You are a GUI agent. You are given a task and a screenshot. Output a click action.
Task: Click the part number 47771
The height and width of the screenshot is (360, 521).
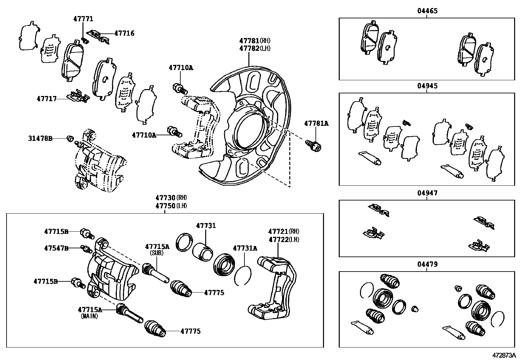click(83, 19)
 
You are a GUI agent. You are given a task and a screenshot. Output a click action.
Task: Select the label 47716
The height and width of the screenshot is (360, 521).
click(124, 33)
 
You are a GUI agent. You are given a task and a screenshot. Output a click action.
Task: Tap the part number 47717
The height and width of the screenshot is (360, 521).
click(47, 99)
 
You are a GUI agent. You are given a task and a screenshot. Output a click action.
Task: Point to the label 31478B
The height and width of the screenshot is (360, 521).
click(40, 139)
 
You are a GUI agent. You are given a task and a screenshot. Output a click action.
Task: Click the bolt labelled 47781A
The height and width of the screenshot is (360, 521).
click(313, 145)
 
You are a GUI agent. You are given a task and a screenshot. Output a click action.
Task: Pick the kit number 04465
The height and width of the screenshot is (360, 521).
click(427, 11)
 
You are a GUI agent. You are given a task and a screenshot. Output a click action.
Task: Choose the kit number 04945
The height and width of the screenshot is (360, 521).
click(427, 86)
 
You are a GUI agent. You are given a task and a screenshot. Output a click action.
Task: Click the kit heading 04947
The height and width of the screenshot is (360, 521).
click(427, 193)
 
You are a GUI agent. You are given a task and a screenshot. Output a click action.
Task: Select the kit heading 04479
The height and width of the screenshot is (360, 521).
click(427, 264)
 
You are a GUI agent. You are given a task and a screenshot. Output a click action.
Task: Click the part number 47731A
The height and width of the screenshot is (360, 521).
click(245, 248)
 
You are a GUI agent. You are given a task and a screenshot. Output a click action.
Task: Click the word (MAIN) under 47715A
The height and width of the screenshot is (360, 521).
click(90, 316)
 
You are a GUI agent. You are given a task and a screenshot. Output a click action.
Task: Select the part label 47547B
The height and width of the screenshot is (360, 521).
click(56, 248)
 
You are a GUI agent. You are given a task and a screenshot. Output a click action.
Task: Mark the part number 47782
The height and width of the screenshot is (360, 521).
click(249, 48)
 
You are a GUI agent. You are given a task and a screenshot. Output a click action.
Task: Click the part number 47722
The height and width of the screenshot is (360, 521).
click(278, 239)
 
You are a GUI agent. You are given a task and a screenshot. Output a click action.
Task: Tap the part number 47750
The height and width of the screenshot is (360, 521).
click(165, 206)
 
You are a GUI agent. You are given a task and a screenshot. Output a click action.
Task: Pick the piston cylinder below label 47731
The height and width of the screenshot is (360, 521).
click(202, 252)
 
